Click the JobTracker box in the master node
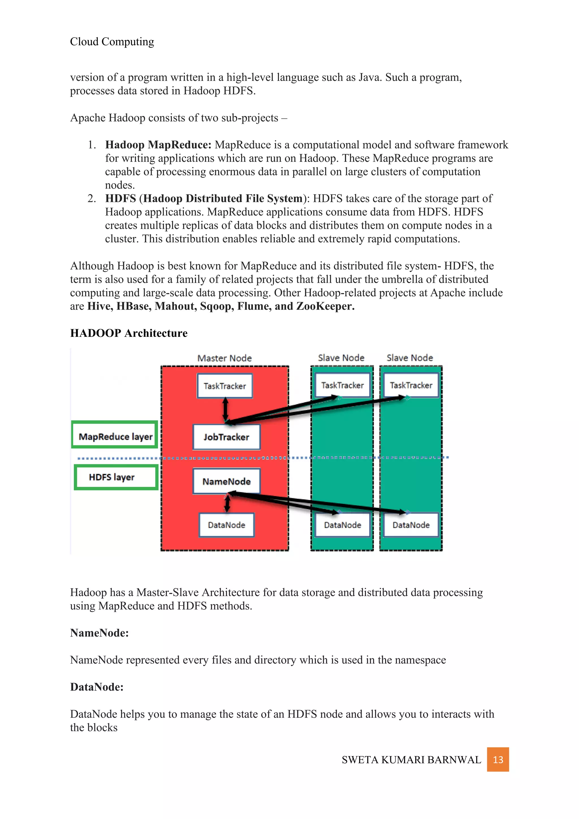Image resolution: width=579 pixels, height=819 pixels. click(x=226, y=437)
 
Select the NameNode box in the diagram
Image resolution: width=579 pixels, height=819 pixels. click(x=226, y=481)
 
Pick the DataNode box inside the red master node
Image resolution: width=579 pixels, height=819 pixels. click(x=226, y=525)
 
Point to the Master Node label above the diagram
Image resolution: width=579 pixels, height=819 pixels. click(x=224, y=358)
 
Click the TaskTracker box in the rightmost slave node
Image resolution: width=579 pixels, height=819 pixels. click(x=411, y=385)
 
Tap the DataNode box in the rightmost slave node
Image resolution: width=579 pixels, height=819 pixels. click(x=411, y=525)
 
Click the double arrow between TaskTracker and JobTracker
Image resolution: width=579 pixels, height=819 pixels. click(x=225, y=409)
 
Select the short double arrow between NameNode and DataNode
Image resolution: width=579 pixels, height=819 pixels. click(x=227, y=504)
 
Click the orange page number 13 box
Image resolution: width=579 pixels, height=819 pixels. click(x=498, y=759)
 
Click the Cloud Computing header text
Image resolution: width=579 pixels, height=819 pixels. click(x=112, y=42)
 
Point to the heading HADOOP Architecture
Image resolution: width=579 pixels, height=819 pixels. click(x=129, y=333)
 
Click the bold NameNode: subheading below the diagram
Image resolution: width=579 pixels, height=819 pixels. click(x=99, y=633)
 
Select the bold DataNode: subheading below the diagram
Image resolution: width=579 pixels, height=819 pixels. click(x=97, y=687)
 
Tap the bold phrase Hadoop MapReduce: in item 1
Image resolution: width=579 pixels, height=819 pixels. click(x=158, y=145)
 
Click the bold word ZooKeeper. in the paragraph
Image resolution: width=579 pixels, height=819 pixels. click(x=325, y=306)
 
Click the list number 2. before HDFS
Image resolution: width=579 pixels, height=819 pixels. click(x=92, y=198)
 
